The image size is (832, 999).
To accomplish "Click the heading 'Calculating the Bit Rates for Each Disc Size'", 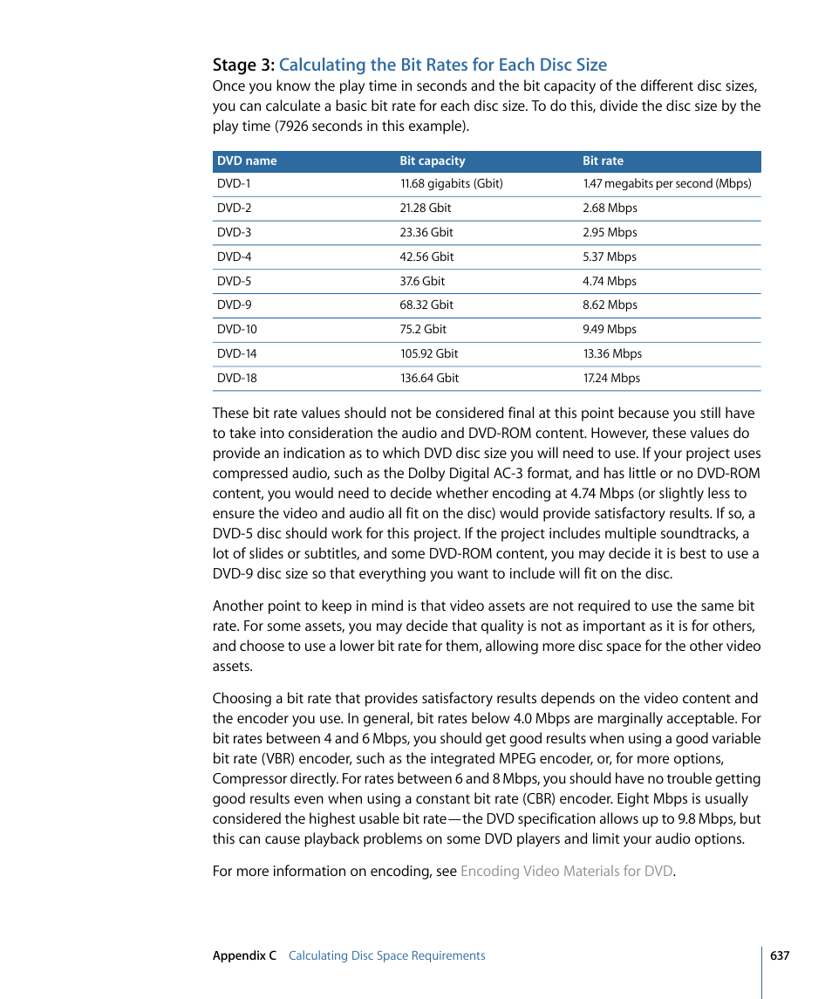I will coord(442,65).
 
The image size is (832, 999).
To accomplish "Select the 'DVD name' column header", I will coord(247,161).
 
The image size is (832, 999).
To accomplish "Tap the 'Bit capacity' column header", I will coord(432,161).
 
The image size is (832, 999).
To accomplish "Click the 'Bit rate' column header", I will coord(603,161).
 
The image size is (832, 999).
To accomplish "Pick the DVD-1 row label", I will coord(234,184).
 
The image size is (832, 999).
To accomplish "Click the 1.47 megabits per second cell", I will coord(666,184).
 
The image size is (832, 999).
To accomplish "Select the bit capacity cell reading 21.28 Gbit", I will coord(426,209).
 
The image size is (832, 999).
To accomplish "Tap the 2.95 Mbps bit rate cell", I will coord(610,233).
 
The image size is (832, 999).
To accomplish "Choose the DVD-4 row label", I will coord(234,257).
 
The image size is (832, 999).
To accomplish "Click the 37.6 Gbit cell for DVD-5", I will coord(422,282).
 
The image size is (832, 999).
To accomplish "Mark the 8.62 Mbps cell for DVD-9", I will coord(610,305).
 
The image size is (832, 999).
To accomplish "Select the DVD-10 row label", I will coord(237,330).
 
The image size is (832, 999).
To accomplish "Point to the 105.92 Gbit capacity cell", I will coord(429,354).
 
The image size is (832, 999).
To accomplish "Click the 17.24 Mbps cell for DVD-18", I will coord(611,379).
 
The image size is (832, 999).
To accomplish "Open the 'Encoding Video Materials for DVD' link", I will coord(566,871).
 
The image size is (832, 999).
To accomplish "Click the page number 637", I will coord(780,955).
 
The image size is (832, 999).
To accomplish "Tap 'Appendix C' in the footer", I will coord(244,955).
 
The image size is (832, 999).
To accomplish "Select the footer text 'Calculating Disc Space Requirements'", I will coord(386,955).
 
